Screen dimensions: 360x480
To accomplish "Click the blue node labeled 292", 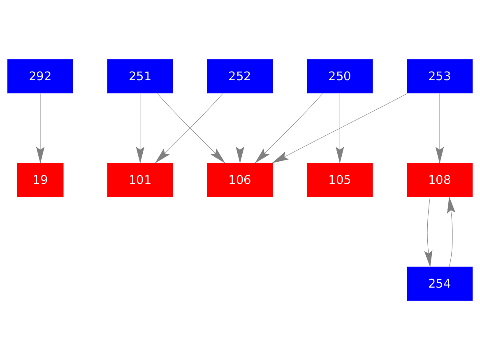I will [x=40, y=76].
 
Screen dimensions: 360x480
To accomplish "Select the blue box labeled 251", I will [x=140, y=76].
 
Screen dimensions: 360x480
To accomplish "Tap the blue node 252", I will [x=240, y=76].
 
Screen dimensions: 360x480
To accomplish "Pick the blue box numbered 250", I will [x=340, y=76].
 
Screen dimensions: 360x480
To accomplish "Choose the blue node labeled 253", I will [x=440, y=76].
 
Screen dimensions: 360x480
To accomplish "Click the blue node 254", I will [x=440, y=283].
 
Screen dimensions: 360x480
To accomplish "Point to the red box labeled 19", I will [x=40, y=180].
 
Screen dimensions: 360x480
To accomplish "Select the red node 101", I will [x=140, y=180].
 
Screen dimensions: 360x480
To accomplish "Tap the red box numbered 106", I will [x=240, y=180].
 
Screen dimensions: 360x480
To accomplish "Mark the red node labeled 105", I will [x=340, y=180].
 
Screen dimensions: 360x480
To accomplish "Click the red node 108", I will [x=440, y=180].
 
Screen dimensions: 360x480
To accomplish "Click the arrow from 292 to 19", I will [x=40, y=123].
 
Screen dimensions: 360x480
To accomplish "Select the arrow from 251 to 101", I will [x=140, y=123].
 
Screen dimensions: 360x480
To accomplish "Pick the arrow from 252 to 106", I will [x=240, y=123].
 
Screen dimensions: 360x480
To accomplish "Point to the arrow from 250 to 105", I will [x=340, y=123].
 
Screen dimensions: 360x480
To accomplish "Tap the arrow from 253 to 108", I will [x=440, y=123].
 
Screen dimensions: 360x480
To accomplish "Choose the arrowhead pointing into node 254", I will [x=429, y=259].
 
